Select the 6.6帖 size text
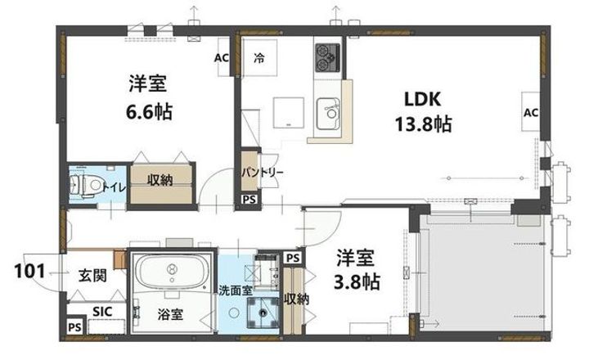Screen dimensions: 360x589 [149, 111]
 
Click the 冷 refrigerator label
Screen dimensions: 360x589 [259, 58]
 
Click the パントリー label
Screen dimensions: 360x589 [262, 173]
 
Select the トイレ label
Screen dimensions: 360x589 [112, 187]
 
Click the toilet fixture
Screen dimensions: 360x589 [82, 185]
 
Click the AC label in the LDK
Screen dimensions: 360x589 [530, 112]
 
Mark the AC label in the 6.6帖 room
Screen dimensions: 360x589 [221, 58]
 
